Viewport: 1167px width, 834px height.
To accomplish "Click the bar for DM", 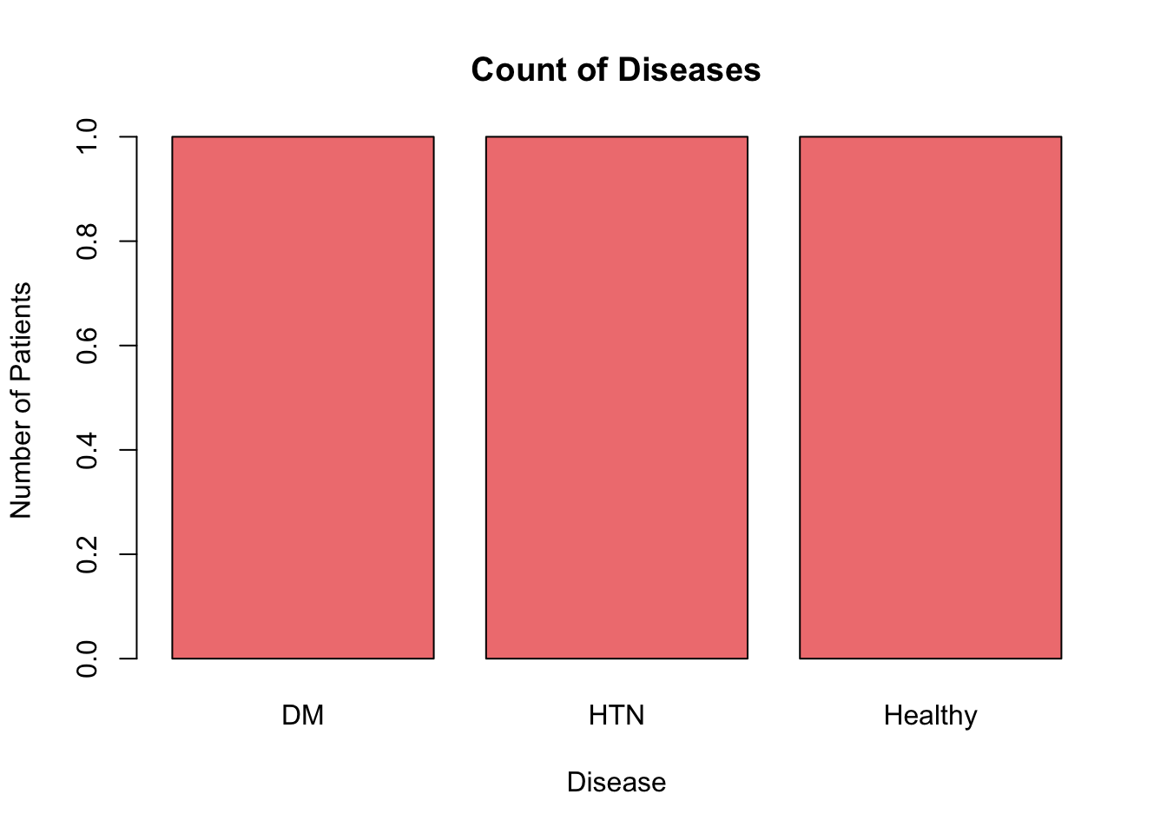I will click(302, 397).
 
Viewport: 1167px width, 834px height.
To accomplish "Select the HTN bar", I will click(616, 397).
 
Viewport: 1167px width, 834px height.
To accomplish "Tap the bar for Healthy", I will click(930, 397).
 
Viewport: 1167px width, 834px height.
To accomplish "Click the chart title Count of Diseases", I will click(616, 69).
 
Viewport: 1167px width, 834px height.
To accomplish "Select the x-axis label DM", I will click(302, 715).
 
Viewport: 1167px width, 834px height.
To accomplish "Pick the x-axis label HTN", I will click(616, 715).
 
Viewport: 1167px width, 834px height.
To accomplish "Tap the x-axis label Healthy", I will click(930, 716).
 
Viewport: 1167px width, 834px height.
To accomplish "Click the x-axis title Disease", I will click(616, 782).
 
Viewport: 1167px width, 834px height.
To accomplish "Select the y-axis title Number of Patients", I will click(20, 400).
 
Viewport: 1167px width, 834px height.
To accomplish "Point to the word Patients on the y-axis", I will click(20, 331).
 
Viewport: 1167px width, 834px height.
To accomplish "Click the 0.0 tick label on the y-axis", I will click(87, 659).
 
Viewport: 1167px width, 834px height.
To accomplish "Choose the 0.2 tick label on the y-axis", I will click(87, 554).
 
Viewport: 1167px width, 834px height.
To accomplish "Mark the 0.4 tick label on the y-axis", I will click(87, 450).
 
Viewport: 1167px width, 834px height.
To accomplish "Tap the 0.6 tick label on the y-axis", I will click(87, 345).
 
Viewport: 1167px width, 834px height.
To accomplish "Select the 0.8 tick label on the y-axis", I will click(87, 241).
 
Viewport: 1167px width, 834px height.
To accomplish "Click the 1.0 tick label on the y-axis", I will click(87, 136).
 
